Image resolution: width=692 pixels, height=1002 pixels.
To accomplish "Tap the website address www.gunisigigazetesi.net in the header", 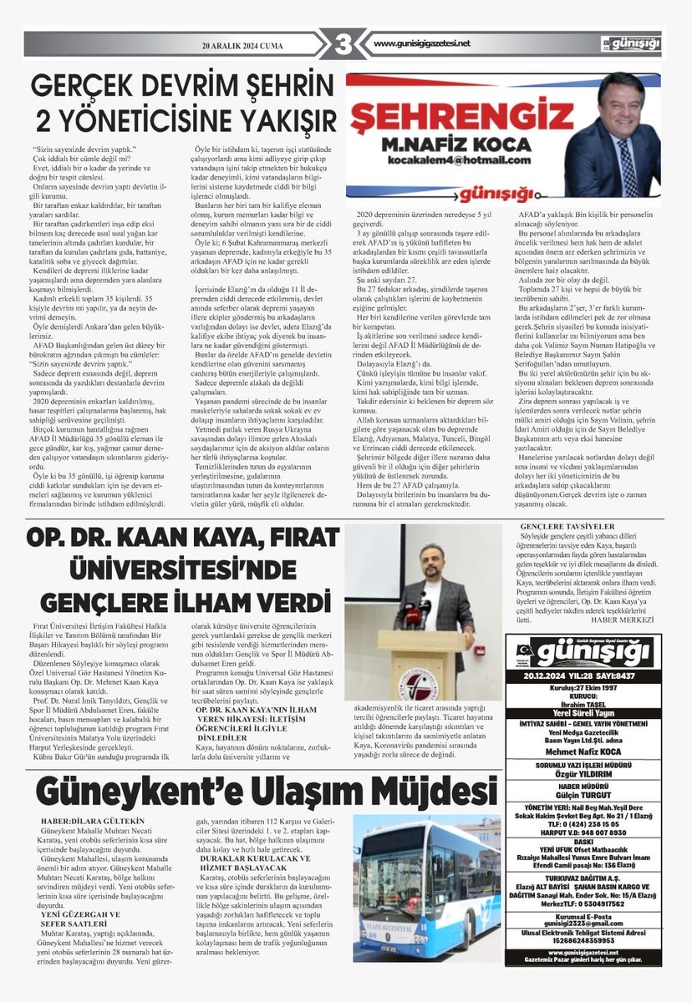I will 422,43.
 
